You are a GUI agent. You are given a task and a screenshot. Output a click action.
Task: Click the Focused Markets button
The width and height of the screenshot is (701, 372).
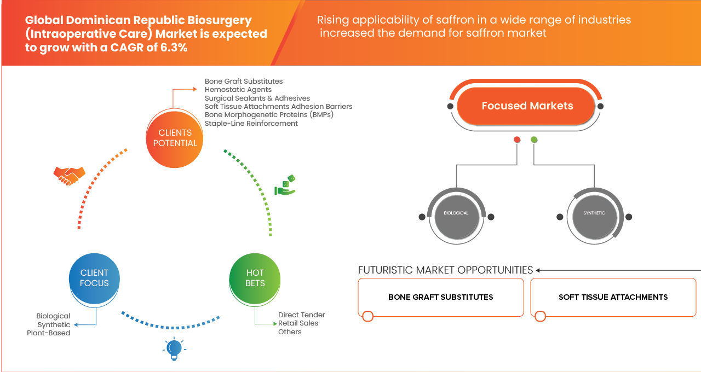527,106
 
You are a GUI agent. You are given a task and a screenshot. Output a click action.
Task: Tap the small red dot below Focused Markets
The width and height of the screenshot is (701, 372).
516,140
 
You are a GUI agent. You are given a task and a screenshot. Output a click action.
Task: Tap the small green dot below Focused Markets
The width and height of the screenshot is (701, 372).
534,140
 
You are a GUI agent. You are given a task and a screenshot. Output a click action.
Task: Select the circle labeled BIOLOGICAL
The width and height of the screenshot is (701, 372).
456,213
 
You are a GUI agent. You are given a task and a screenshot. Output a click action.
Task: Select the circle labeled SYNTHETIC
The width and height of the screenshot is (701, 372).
594,213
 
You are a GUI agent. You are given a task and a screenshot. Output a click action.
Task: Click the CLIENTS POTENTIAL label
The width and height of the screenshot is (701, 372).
175,138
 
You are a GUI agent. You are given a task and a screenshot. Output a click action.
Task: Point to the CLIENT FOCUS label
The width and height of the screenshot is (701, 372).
94,278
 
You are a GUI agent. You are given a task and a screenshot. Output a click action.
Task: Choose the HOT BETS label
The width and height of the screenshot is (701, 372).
255,278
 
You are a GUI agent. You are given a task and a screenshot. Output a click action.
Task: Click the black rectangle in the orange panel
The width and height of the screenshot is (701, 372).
440,305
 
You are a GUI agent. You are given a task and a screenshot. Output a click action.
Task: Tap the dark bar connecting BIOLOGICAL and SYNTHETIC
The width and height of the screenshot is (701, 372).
525,228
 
